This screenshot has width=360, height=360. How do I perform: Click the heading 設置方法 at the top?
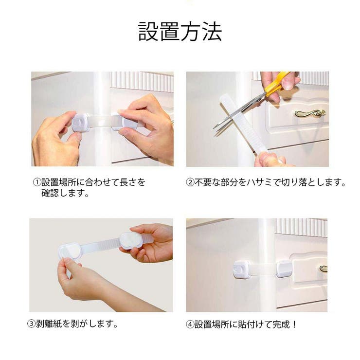click(180, 32)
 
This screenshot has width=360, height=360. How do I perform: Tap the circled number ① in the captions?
click(36, 183)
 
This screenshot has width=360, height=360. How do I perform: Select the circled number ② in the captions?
click(190, 183)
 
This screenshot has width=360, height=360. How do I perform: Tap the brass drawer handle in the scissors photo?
click(309, 113)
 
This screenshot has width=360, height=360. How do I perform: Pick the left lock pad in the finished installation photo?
click(242, 269)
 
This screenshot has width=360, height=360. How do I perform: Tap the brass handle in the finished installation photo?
click(324, 268)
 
